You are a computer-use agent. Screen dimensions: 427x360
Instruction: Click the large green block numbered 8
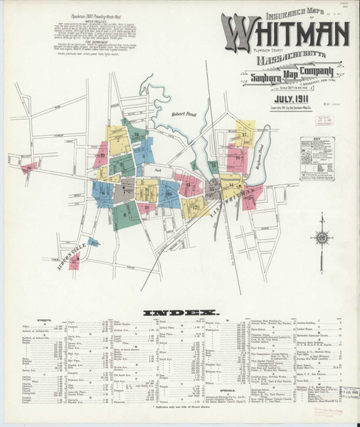click(125, 211)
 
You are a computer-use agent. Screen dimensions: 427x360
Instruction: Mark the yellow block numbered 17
click(244, 132)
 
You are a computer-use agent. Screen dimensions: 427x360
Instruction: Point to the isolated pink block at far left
click(28, 168)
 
